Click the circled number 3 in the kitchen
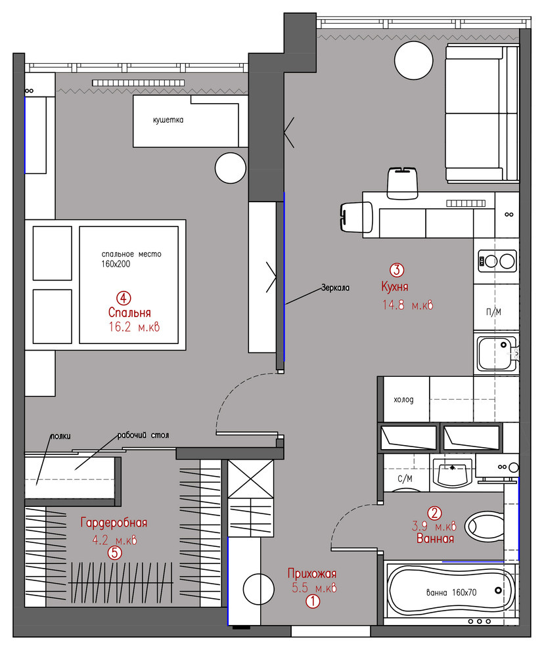pos(397,270)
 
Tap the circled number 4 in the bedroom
pos(124,297)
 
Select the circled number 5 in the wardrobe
pos(115,553)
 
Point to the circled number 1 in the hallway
pos(313,601)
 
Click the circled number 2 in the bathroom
pos(434,513)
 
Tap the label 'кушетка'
pos(168,120)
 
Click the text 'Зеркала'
pos(335,288)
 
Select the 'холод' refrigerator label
pos(404,400)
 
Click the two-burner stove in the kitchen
pos(497,261)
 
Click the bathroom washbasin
pos(452,472)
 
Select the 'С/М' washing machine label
pos(405,479)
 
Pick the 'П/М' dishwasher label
pos(493,312)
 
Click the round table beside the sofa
pos(414,60)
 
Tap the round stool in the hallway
pos(258,589)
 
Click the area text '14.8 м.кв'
pos(407,305)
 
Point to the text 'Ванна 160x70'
pos(451,592)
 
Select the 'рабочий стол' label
pos(143,435)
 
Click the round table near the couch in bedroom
pos(231,168)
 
